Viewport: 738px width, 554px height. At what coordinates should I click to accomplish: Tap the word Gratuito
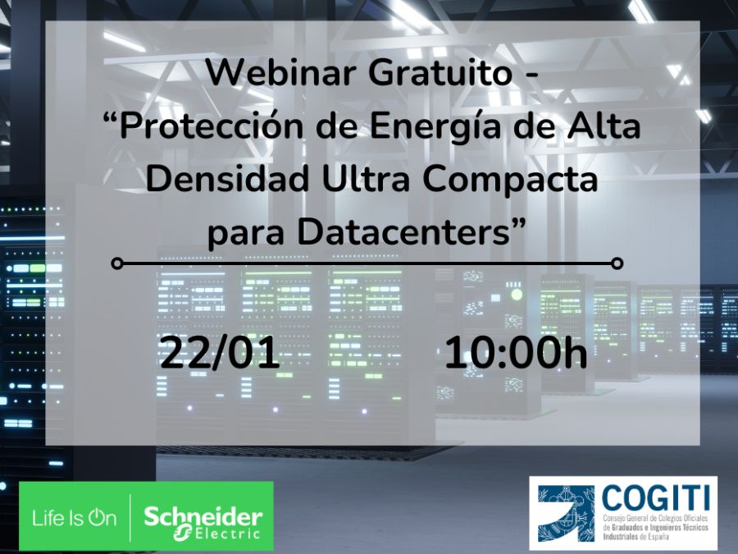440,73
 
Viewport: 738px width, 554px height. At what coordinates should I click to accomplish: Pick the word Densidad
227,179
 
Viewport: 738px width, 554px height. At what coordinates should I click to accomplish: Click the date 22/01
220,353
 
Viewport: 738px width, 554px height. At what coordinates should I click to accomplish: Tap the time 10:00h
516,353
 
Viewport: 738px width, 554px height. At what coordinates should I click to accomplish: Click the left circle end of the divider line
117,263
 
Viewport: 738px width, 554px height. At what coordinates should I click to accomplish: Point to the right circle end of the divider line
617,263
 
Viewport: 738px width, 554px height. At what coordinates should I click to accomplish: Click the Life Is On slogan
75,518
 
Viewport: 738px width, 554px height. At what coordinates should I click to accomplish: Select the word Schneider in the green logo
203,517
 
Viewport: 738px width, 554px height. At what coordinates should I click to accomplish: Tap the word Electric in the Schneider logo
227,533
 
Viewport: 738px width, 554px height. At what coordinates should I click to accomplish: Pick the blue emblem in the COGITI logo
567,513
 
